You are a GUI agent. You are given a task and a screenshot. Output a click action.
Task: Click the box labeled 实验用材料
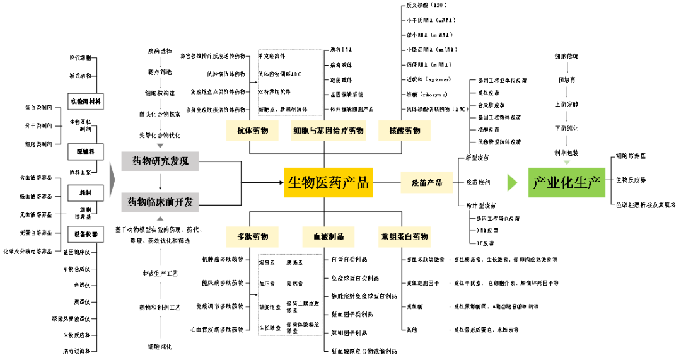[x=86, y=102]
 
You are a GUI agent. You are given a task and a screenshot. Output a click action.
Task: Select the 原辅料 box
[x=86, y=152]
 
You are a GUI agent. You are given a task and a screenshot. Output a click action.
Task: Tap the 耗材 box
[x=86, y=193]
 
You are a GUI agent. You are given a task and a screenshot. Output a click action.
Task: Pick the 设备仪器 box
[x=86, y=235]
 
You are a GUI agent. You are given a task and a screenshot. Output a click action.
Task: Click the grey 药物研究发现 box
[x=160, y=161]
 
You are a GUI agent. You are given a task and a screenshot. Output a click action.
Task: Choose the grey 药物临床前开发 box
[x=160, y=202]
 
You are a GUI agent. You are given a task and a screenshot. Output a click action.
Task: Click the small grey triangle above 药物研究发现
[x=160, y=146]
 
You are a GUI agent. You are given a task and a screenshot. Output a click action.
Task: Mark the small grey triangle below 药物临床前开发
[x=160, y=218]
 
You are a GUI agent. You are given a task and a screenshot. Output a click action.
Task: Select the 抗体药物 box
[x=252, y=131]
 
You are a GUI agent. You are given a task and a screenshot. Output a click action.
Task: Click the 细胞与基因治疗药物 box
[x=329, y=131]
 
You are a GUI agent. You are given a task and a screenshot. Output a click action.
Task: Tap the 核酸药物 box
[x=404, y=131]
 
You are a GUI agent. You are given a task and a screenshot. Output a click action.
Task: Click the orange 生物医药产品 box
[x=329, y=183]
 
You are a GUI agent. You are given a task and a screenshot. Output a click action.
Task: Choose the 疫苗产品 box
[x=427, y=183]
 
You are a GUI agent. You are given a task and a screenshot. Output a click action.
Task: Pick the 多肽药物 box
[x=252, y=237]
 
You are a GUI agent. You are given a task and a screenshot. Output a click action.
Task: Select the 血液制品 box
[x=329, y=237]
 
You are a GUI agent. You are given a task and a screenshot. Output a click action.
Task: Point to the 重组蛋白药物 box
[x=404, y=237]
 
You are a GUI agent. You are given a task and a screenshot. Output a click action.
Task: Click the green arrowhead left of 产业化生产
[x=512, y=183]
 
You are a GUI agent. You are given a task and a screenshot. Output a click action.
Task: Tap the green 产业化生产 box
[x=567, y=183]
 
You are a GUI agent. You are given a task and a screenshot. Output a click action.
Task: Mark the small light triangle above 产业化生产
[x=567, y=163]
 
